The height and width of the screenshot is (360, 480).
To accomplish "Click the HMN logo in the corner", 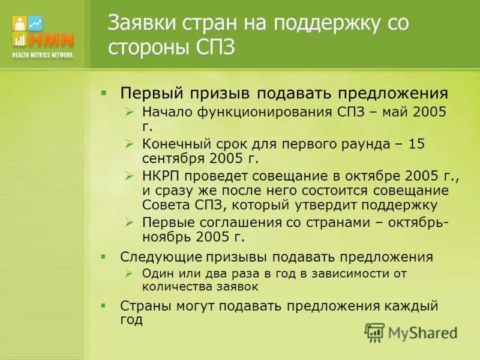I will (x=43, y=32).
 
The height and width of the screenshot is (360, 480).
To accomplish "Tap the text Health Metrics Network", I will (x=43, y=55).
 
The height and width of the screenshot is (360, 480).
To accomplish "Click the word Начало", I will (x=165, y=112).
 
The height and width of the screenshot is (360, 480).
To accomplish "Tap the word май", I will (x=394, y=112).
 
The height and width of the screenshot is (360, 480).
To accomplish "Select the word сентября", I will (x=173, y=159).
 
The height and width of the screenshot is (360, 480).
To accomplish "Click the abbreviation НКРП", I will (x=161, y=175).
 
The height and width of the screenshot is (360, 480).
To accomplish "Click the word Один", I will (x=158, y=274).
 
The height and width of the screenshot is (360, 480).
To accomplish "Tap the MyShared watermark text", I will (x=422, y=332).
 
